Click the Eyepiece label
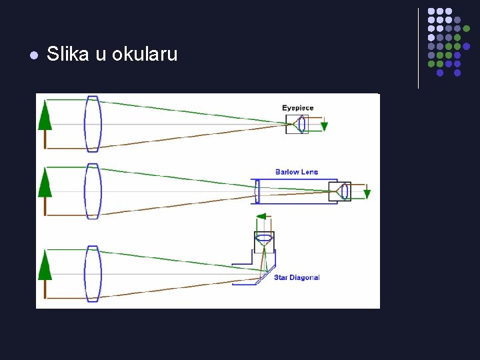[x=297, y=108]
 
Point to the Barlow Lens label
[x=297, y=172]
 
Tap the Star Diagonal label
[x=297, y=277]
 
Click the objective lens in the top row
[x=92, y=123]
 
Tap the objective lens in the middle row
[x=92, y=191]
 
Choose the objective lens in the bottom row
[x=92, y=273]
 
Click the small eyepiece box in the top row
[x=297, y=124]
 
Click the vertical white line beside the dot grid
[x=418, y=48]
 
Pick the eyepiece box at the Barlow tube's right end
[x=341, y=191]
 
